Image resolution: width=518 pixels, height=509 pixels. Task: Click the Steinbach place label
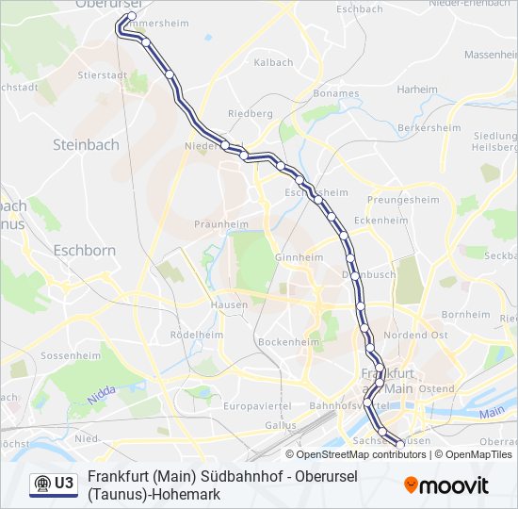[x=86, y=144]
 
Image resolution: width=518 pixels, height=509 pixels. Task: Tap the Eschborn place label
[x=84, y=251]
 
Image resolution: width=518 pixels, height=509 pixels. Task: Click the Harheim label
[x=417, y=90]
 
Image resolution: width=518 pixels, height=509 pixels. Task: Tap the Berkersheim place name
[x=429, y=127]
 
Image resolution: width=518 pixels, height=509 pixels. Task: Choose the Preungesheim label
[x=403, y=200]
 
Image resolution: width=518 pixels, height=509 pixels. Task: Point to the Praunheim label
[x=215, y=224]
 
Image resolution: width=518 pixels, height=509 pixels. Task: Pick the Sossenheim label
[x=71, y=356]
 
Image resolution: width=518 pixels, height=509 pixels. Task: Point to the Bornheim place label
[x=466, y=314]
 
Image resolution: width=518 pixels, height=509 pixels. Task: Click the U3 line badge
[x=54, y=484]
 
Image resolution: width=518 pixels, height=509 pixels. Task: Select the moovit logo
[x=446, y=485]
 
